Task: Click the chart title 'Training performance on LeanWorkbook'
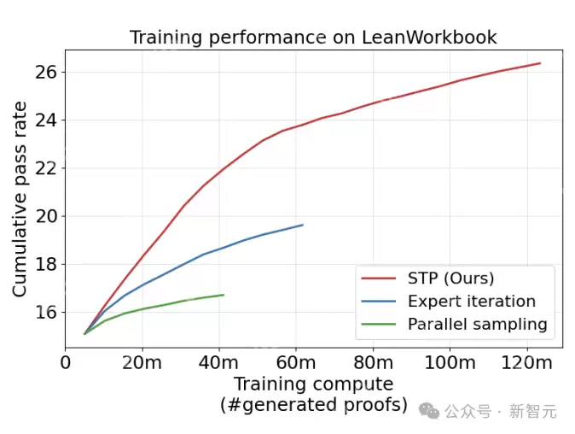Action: [x=313, y=38]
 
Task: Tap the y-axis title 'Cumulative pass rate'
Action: [x=20, y=199]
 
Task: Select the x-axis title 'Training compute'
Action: [x=313, y=384]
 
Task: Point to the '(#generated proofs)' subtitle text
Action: [x=313, y=404]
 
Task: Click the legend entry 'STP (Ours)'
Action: [x=450, y=279]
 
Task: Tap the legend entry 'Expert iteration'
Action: [x=471, y=302]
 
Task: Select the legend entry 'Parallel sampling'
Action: [x=477, y=325]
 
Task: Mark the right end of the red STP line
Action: [x=540, y=63]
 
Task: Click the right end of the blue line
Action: [x=303, y=225]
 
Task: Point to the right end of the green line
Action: [x=224, y=295]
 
